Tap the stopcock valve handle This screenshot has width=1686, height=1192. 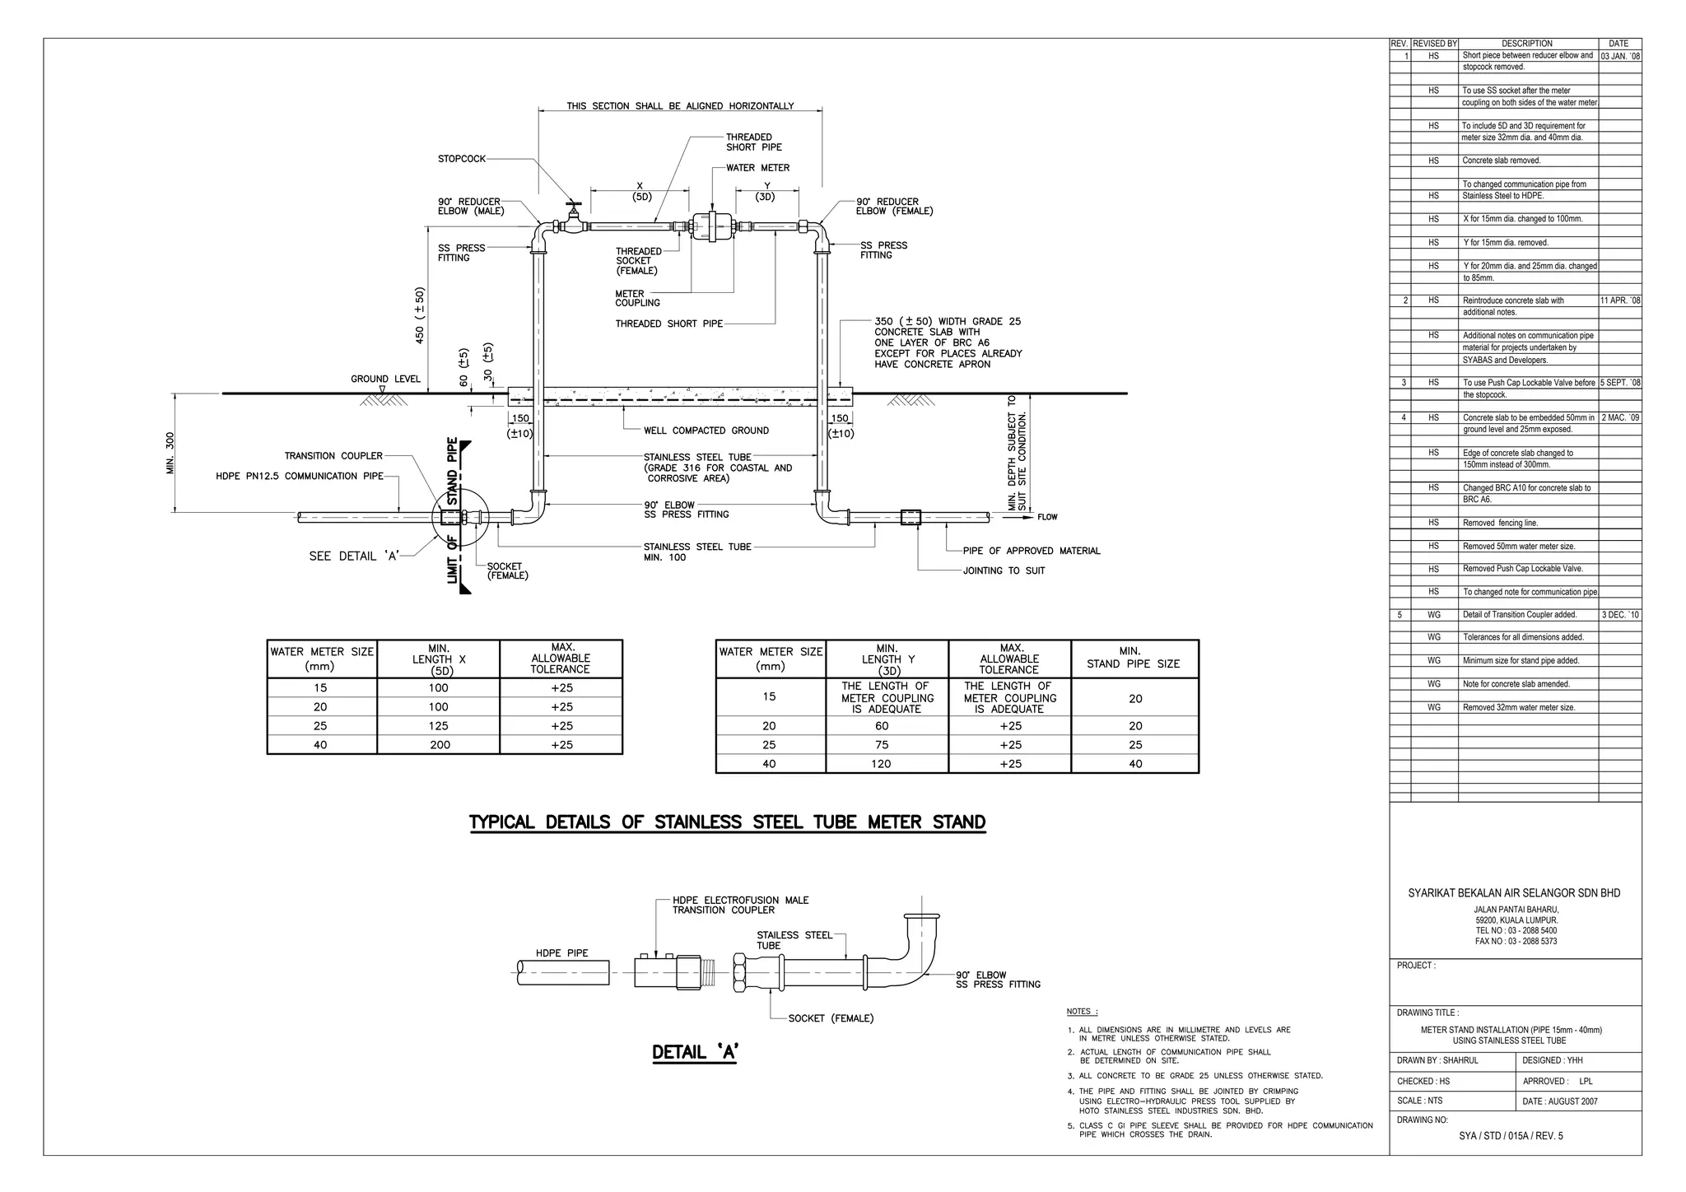[x=572, y=204]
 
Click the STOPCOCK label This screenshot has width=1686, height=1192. [x=461, y=159]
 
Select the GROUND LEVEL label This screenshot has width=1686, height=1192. [x=385, y=379]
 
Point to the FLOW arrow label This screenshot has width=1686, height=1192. [x=1047, y=517]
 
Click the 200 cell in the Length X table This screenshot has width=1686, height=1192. [x=438, y=745]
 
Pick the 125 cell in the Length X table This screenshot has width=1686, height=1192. [x=438, y=726]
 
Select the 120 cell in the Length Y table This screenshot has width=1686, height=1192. [x=881, y=764]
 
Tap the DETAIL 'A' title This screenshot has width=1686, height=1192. [x=695, y=1052]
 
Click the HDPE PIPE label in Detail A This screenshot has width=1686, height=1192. [x=561, y=953]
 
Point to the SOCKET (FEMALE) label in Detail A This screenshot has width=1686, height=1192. [x=831, y=1018]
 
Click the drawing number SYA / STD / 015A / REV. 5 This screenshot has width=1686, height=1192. [x=1509, y=1136]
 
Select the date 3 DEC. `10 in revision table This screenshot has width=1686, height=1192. [x=1619, y=615]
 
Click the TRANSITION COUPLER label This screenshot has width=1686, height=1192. [x=333, y=456]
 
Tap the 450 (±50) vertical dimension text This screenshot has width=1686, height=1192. [x=420, y=314]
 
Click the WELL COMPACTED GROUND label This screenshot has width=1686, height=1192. [x=706, y=431]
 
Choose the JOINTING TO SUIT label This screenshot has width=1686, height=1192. [x=1004, y=570]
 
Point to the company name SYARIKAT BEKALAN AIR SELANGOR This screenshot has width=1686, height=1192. [x=1514, y=893]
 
